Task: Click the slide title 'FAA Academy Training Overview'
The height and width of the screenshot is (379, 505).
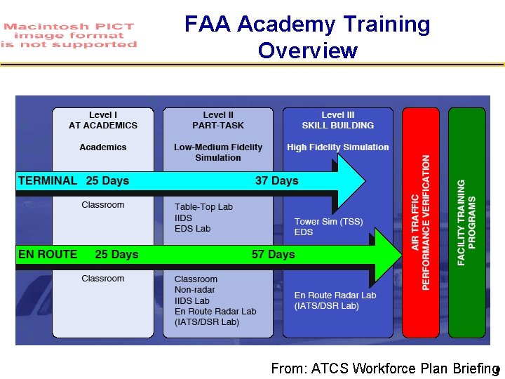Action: tap(307, 37)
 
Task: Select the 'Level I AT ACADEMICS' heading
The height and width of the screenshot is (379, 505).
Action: tap(103, 120)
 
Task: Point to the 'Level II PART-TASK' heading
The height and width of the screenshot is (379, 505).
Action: tap(218, 120)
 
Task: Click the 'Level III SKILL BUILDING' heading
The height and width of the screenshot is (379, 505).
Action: tap(337, 120)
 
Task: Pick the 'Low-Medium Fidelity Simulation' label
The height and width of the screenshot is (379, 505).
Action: tap(218, 152)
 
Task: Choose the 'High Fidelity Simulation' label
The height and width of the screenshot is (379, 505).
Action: tap(337, 147)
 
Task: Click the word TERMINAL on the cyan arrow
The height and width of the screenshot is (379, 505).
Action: tap(48, 180)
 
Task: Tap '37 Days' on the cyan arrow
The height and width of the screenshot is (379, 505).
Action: tap(276, 180)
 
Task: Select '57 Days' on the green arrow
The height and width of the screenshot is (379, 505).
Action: tap(273, 254)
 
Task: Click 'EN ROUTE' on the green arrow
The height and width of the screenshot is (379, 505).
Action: tap(48, 254)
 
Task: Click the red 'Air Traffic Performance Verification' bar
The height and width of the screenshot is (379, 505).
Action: tap(420, 223)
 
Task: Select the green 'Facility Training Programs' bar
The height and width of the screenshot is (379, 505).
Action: tap(466, 223)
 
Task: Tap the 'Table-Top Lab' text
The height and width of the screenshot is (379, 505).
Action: tap(203, 207)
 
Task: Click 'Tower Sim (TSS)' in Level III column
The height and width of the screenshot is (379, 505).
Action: tap(328, 222)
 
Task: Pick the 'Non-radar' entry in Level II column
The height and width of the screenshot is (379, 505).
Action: tap(195, 290)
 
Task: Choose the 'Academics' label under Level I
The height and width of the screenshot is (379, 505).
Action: tap(103, 147)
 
